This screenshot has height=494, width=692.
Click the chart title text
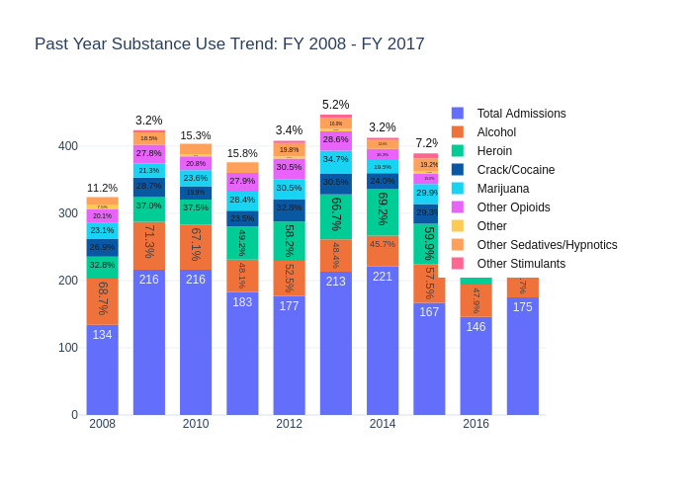[x=229, y=44]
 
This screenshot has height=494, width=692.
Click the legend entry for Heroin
[x=494, y=151]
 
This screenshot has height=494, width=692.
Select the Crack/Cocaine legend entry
[x=515, y=170]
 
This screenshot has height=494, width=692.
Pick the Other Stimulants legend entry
[x=521, y=264]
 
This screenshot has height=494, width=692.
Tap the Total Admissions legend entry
[x=521, y=114]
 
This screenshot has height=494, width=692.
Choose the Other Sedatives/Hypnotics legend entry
[x=547, y=245]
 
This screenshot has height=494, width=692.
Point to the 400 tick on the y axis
[x=68, y=146]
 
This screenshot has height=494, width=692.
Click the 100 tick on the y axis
[x=68, y=348]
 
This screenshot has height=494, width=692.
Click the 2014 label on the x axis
[x=383, y=424]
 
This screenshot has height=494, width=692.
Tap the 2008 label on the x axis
[x=102, y=424]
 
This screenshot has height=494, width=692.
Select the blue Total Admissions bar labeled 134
[x=102, y=370]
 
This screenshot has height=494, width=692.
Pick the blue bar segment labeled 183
[x=242, y=354]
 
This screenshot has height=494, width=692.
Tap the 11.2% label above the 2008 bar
[x=102, y=188]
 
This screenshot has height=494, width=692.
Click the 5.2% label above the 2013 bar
[x=336, y=105]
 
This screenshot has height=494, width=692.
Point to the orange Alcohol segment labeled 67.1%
[x=196, y=247]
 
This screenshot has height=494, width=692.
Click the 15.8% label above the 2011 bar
[x=242, y=153]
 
